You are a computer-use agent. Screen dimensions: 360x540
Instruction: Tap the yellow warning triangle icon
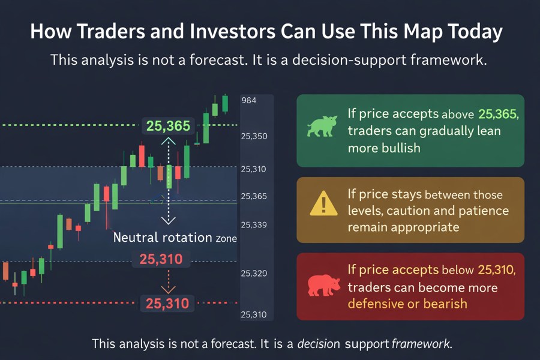(323, 204)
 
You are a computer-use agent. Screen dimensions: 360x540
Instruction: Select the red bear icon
(323, 286)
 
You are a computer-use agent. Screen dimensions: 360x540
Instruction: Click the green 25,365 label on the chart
(168, 126)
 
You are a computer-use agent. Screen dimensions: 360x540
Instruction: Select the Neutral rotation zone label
(175, 238)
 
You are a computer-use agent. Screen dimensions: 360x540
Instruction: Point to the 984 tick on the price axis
(248, 101)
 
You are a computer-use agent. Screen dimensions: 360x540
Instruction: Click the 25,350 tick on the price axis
(254, 136)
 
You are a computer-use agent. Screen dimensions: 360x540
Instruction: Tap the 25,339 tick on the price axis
(254, 225)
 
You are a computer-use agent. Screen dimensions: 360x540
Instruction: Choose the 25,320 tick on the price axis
(254, 274)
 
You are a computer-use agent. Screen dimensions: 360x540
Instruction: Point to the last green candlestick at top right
(225, 103)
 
